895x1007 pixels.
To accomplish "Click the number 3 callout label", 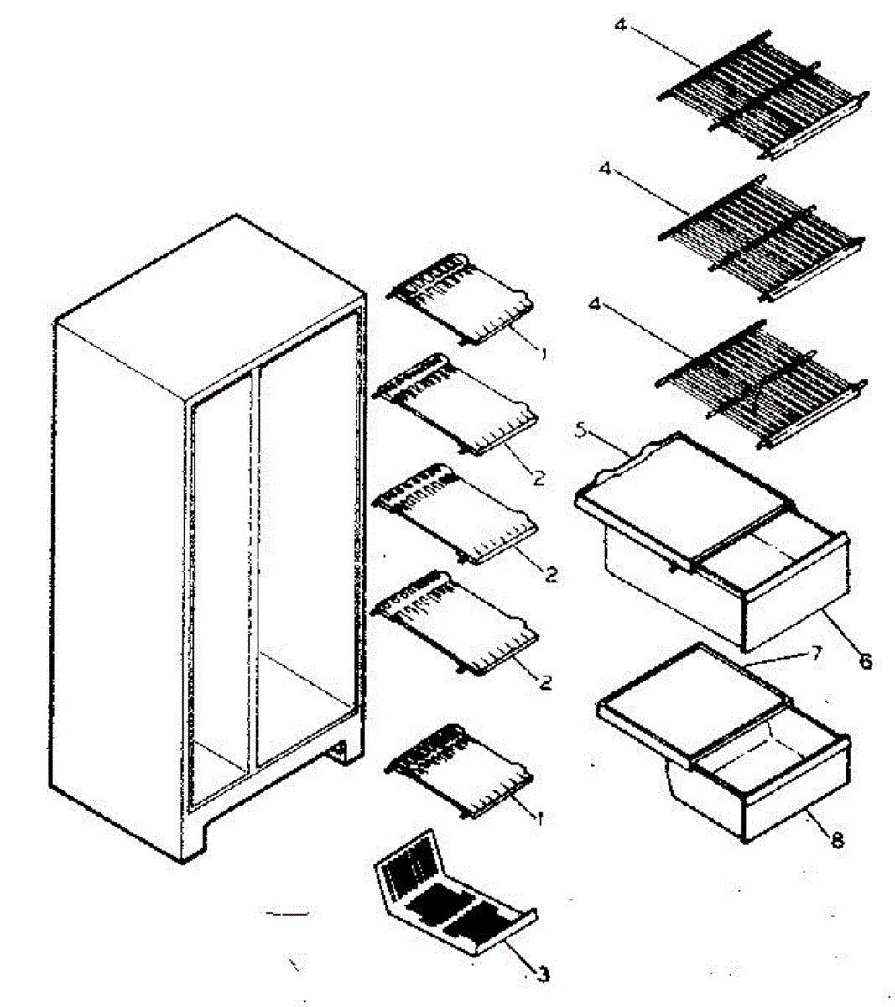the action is point(544,974).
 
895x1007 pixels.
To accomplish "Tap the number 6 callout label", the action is point(865,661).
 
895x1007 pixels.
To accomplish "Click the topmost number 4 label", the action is point(620,25).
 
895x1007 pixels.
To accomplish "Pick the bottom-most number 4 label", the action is point(594,303).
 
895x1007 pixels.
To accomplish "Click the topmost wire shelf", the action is point(762,96).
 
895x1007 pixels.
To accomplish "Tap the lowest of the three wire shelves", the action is point(762,383).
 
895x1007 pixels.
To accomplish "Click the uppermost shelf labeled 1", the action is point(460,300).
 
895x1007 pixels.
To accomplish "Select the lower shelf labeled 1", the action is point(460,771).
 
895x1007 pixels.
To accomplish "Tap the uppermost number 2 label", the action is point(539,477).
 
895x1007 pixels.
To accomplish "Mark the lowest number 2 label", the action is point(545,682).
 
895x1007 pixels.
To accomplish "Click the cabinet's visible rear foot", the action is point(341,752).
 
